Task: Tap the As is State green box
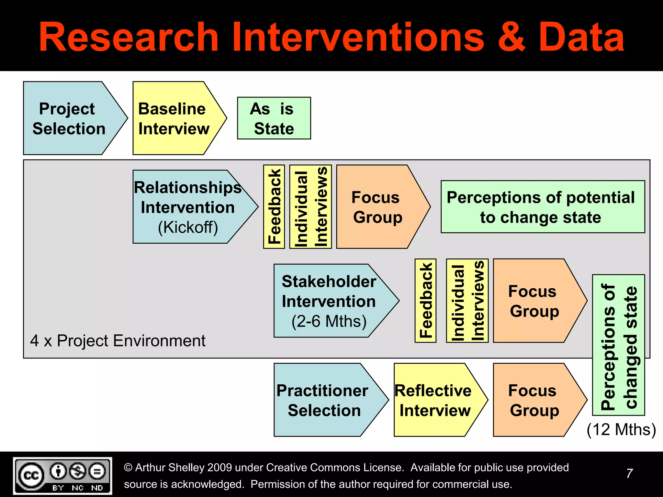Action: [274, 118]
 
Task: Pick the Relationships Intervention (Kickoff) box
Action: [188, 207]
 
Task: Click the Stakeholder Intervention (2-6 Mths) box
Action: [329, 301]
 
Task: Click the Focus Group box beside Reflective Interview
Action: [534, 400]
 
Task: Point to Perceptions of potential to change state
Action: [543, 207]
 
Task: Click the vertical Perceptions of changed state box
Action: [618, 345]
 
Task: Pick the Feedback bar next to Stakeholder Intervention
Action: [425, 301]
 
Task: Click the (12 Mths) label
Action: [621, 430]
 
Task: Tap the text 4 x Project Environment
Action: [118, 341]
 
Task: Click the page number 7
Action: [629, 474]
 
